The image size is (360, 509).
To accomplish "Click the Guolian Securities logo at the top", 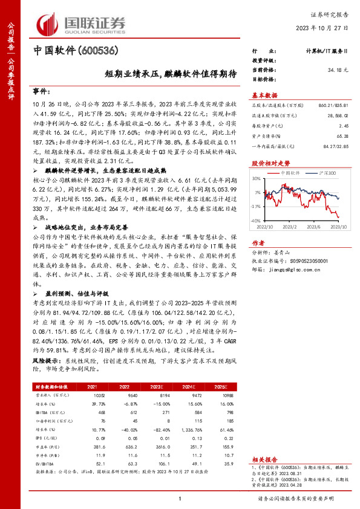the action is coord(82,22).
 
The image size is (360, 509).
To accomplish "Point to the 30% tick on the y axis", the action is coord(257,178).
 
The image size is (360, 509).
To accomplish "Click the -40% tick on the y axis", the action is coord(257,221).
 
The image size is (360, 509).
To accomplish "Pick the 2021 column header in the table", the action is coord(92,386).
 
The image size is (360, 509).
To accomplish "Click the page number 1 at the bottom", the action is coord(180,498).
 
